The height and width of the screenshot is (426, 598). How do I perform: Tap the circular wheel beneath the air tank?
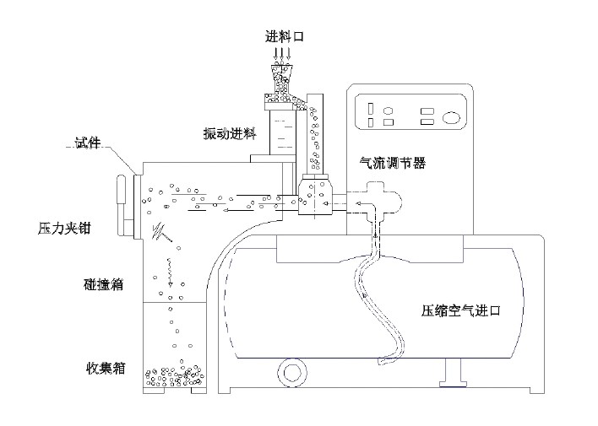click(x=293, y=372)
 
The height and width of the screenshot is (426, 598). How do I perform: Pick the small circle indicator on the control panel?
click(x=389, y=111)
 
